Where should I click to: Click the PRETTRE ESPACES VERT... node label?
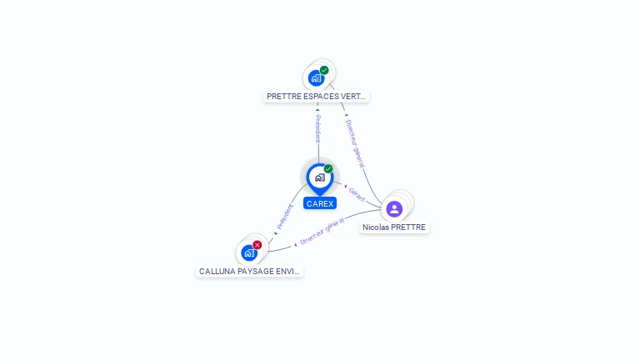click(316, 97)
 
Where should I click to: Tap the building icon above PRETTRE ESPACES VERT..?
click(316, 78)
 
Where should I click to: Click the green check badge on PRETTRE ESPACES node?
click(324, 70)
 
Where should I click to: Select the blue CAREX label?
click(320, 203)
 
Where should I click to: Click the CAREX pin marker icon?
click(319, 177)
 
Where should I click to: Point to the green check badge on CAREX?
click(328, 169)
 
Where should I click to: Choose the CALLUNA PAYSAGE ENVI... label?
click(249, 272)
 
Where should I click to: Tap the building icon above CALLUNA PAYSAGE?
click(248, 252)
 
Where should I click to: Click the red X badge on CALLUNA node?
click(257, 244)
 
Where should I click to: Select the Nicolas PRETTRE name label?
click(394, 227)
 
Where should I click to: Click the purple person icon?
click(394, 208)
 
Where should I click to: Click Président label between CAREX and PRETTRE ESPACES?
click(317, 130)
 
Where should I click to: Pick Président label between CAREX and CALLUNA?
click(285, 217)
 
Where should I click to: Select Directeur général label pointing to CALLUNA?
click(322, 232)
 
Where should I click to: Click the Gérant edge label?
click(357, 194)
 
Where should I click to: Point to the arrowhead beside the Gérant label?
click(345, 186)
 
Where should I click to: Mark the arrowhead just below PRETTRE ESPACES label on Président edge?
click(317, 109)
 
